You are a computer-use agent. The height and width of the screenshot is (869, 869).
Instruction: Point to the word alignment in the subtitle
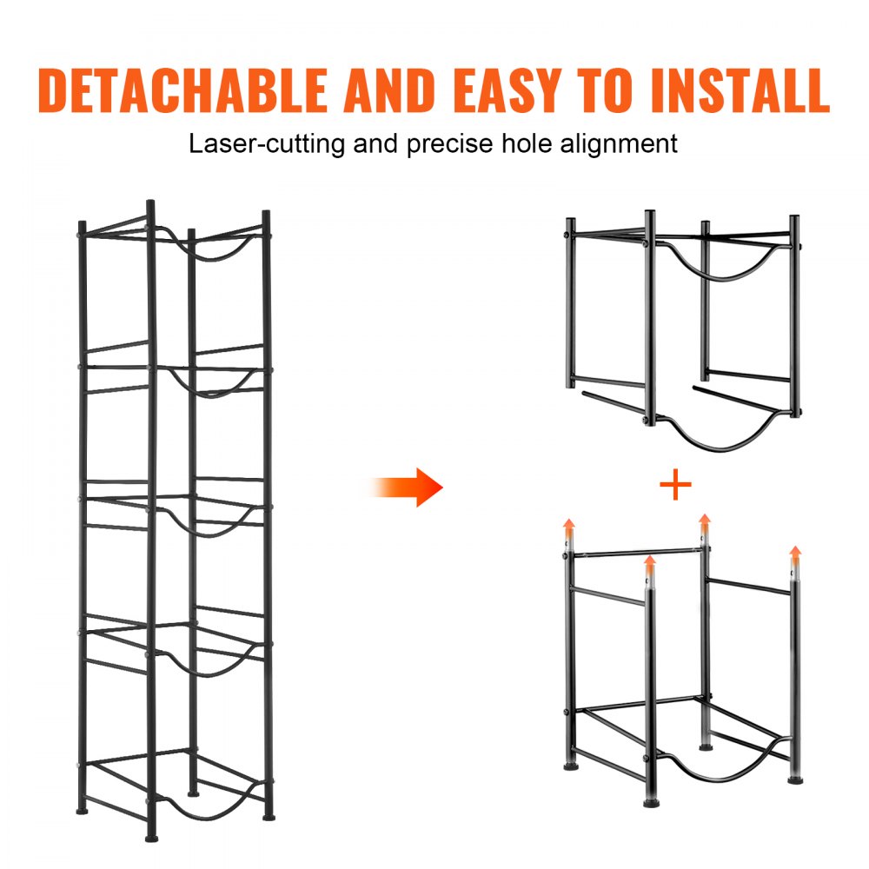click(x=606, y=143)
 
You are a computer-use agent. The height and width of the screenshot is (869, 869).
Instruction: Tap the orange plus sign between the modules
click(x=675, y=486)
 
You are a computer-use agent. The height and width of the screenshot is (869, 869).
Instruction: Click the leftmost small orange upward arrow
click(x=569, y=527)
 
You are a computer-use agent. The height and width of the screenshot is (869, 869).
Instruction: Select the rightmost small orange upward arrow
click(x=794, y=554)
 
